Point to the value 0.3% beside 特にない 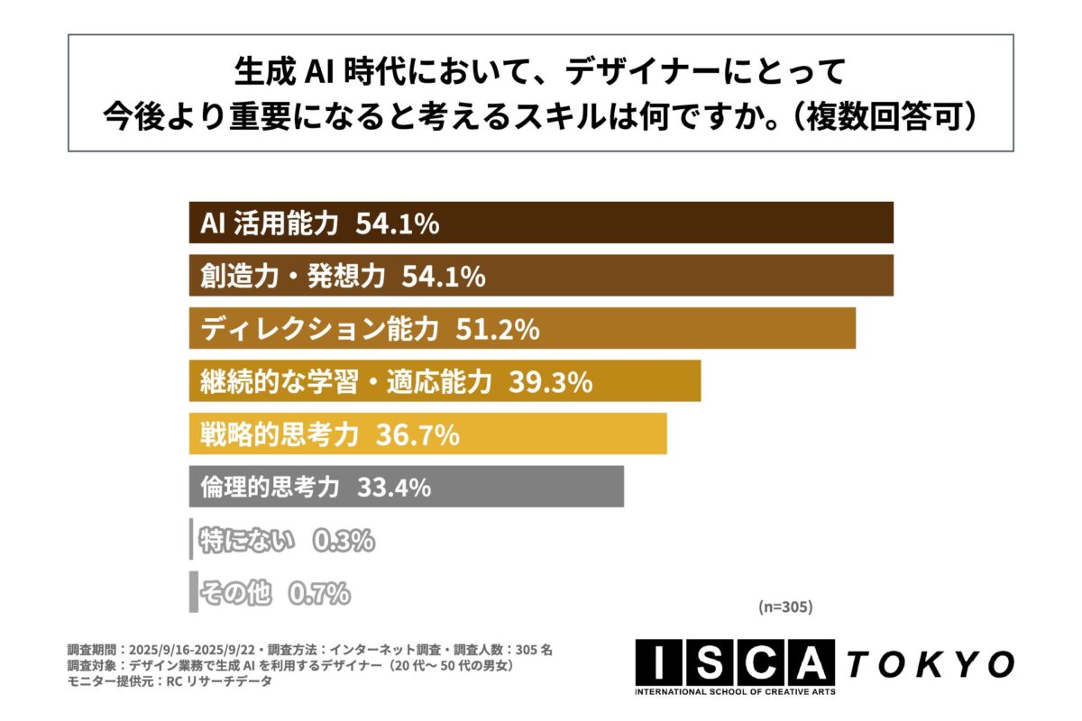343,542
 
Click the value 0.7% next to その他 318,594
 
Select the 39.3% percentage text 550,383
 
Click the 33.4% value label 394,488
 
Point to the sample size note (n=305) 784,607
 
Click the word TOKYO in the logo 928,664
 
